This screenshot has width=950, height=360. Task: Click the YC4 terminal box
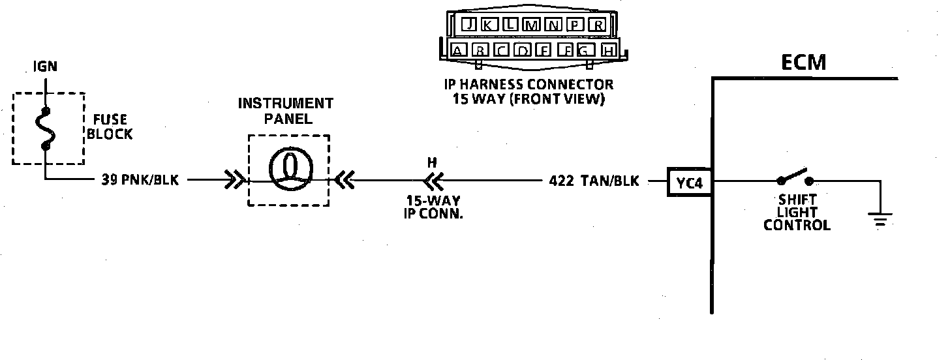(x=690, y=183)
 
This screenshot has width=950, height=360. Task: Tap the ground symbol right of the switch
(x=880, y=219)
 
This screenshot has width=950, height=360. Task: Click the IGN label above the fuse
(x=45, y=66)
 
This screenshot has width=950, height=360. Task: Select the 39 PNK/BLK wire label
(x=139, y=181)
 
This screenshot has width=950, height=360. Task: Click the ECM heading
(x=804, y=63)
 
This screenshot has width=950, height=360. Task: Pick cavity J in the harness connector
(x=468, y=25)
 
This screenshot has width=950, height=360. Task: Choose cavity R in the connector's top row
(x=596, y=25)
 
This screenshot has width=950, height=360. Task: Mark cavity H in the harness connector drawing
(x=608, y=50)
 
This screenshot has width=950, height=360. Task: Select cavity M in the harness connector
(x=532, y=25)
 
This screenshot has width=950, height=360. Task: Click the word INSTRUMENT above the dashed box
(x=285, y=104)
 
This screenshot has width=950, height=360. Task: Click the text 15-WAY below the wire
(x=433, y=202)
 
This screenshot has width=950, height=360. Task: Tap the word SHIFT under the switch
(x=797, y=199)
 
